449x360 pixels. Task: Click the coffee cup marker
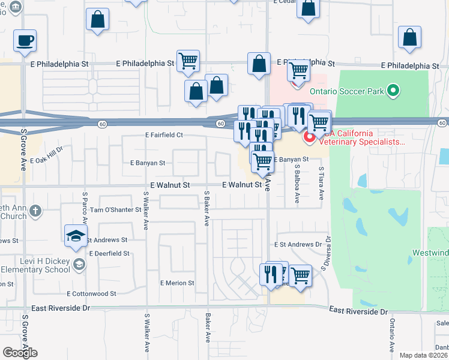click(25, 41)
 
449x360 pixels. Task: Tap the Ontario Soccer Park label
click(348, 91)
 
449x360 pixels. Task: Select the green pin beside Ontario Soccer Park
click(393, 91)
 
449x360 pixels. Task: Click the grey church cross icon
click(35, 211)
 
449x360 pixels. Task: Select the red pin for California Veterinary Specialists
click(310, 139)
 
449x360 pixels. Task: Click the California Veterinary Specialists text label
click(361, 138)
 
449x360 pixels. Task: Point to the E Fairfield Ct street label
click(164, 136)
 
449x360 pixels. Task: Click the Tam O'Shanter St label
click(115, 210)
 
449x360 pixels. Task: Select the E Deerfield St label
click(110, 254)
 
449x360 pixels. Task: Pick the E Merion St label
click(177, 283)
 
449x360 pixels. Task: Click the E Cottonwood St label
click(91, 293)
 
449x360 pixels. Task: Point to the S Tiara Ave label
click(321, 184)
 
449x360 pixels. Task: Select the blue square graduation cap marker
click(76, 236)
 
